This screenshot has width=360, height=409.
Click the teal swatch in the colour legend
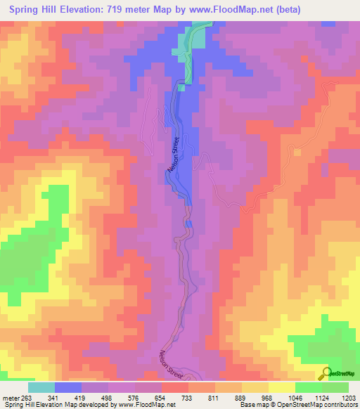[41, 387]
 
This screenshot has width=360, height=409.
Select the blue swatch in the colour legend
[68, 387]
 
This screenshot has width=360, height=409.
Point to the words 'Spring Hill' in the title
[33, 9]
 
